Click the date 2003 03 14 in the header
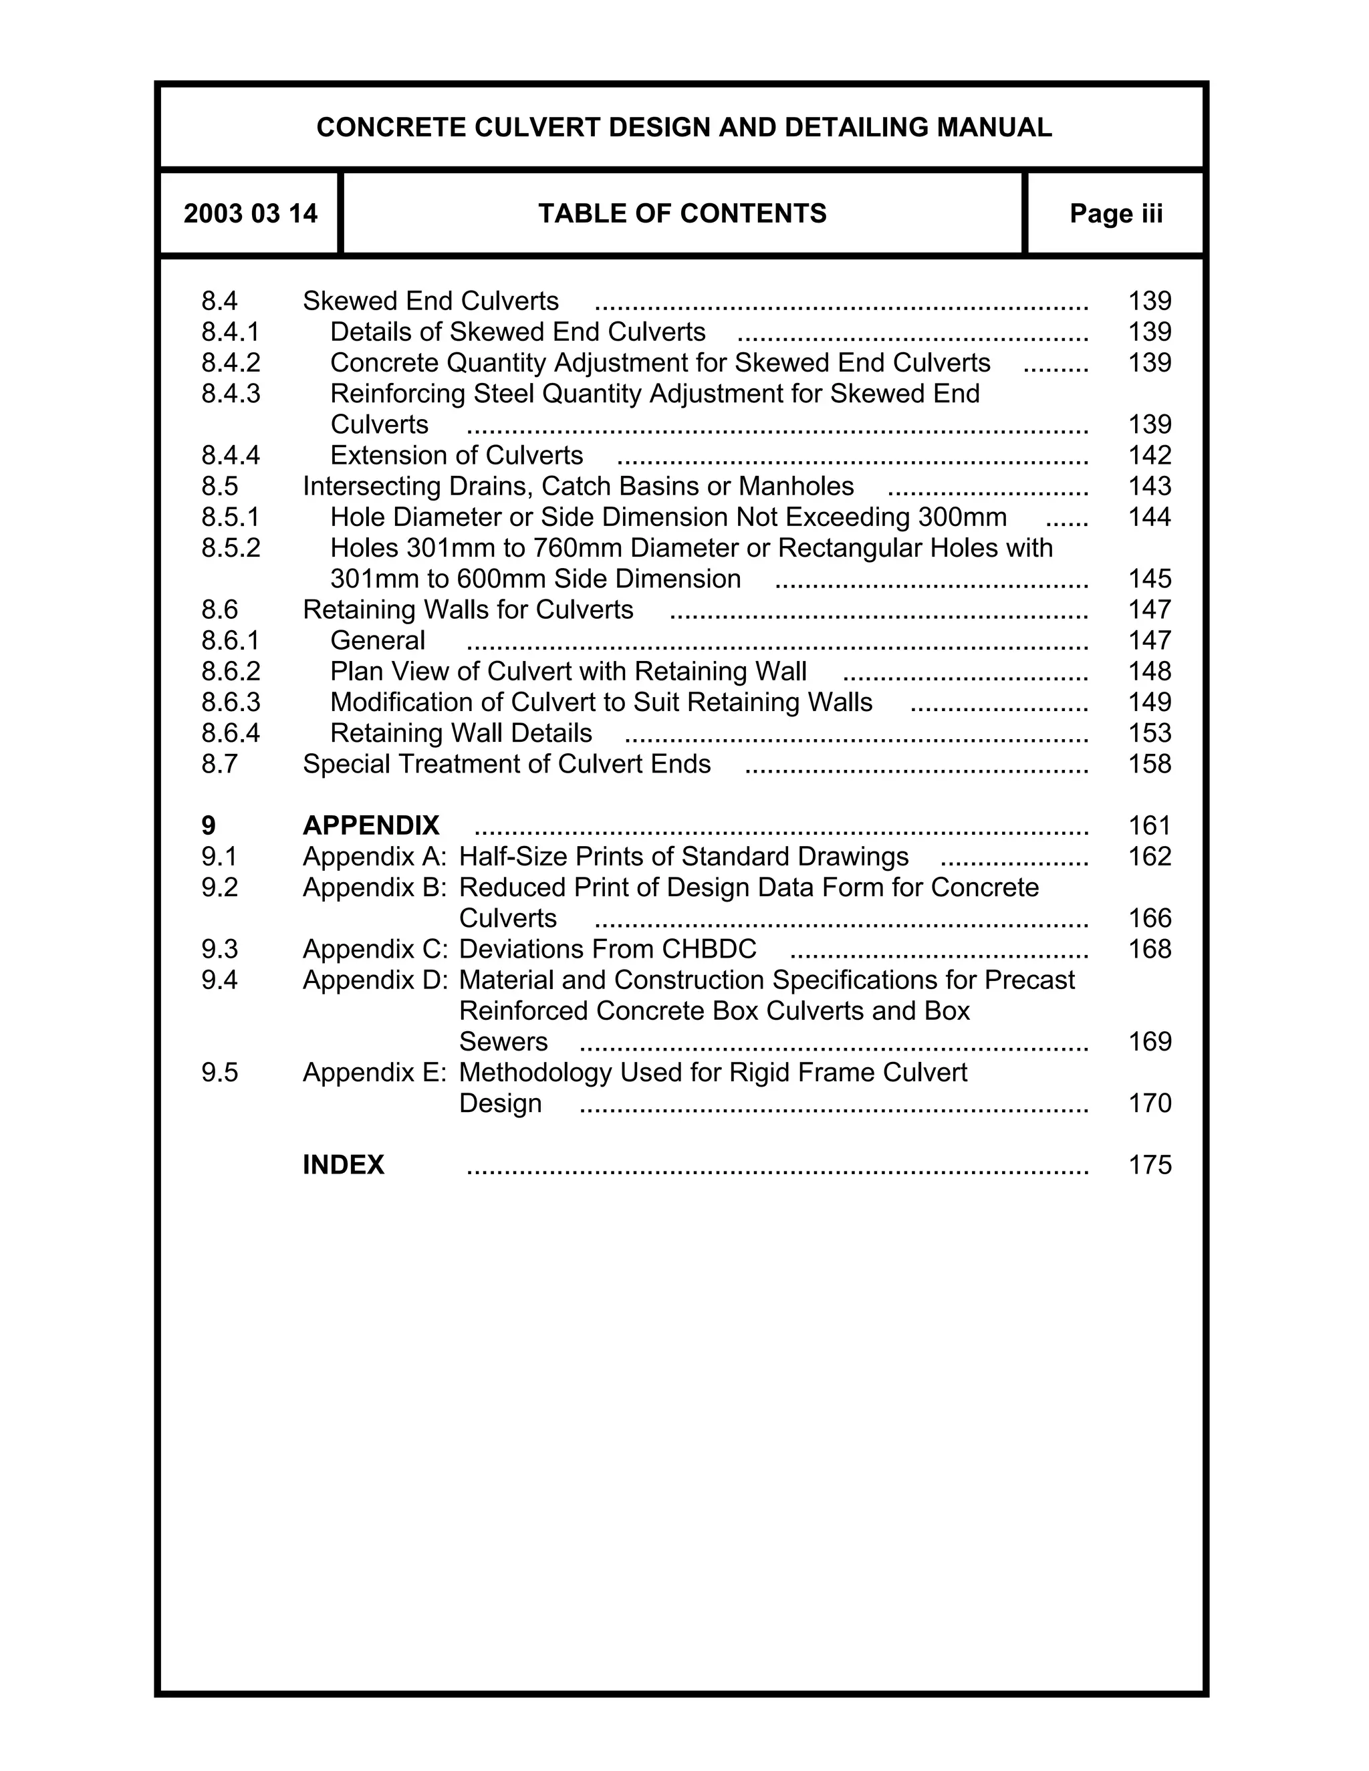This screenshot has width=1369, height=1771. [x=250, y=213]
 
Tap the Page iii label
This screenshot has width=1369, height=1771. [x=1116, y=213]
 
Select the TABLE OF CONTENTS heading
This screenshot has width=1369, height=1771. [x=682, y=213]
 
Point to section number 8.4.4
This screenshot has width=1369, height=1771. [x=231, y=456]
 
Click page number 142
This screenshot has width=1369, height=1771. [x=1149, y=456]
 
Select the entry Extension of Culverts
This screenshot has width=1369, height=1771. [x=457, y=456]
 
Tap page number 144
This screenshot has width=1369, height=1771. [x=1149, y=517]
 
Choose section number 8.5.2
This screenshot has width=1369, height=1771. [x=231, y=548]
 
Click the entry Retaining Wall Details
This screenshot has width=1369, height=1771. [x=461, y=733]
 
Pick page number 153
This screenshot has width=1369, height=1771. [x=1149, y=733]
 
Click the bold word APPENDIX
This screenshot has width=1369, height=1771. [x=370, y=825]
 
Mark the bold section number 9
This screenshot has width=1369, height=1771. [x=209, y=825]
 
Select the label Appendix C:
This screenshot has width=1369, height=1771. [x=375, y=950]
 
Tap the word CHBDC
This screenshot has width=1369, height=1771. [x=709, y=950]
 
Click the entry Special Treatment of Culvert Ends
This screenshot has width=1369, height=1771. [x=506, y=764]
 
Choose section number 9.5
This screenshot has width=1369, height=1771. [x=220, y=1073]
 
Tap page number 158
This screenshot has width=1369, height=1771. [x=1149, y=764]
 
